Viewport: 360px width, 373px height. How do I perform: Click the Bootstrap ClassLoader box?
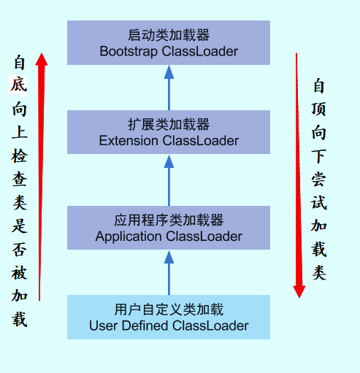[x=168, y=42]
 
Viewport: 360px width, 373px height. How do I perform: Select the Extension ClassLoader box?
[x=168, y=132]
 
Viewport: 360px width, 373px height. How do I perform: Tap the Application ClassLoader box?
[x=168, y=228]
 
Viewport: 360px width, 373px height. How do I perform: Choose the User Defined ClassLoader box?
[x=168, y=317]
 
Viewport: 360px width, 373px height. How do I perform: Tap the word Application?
[x=129, y=237]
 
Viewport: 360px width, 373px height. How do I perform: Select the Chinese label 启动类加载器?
[x=168, y=34]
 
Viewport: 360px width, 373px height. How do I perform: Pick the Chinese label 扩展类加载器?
[x=168, y=124]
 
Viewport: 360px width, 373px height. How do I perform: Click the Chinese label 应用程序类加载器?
[x=168, y=220]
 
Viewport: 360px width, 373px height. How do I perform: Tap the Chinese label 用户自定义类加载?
[x=168, y=309]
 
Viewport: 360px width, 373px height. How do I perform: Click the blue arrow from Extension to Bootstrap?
[x=169, y=88]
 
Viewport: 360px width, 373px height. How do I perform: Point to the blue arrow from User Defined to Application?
[x=169, y=272]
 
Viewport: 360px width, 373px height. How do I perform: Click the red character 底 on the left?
[x=19, y=85]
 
